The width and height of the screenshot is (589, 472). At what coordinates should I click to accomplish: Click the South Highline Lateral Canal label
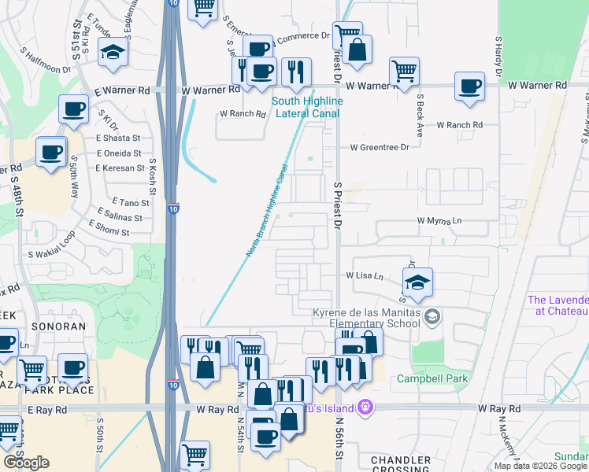click(306, 107)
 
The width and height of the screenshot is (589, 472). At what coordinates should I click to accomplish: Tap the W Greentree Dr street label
click(380, 147)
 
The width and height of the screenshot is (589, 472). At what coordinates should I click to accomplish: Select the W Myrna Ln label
click(439, 221)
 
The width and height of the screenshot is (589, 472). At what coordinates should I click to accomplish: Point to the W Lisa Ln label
click(365, 276)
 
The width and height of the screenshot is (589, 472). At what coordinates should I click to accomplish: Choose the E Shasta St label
click(118, 138)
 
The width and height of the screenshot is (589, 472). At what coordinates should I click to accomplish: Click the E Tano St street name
click(125, 202)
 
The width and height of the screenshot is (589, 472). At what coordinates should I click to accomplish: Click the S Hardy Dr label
click(499, 56)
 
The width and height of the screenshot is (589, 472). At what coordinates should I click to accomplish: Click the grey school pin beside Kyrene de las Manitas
click(432, 316)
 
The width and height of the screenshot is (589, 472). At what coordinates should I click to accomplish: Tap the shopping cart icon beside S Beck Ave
click(404, 70)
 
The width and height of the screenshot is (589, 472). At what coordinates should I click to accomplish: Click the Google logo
click(26, 463)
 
